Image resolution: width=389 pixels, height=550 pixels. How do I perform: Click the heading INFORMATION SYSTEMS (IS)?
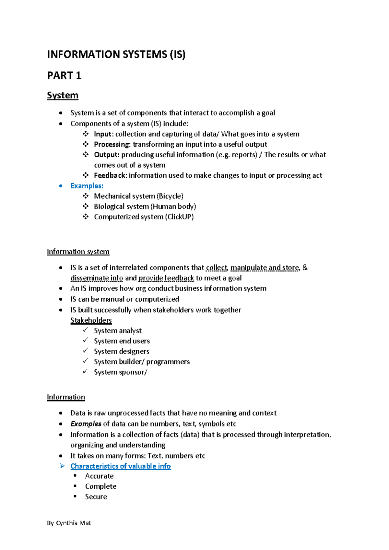tap(116, 54)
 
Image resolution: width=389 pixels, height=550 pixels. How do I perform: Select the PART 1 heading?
tap(64, 76)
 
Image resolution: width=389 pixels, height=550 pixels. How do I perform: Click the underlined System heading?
tap(63, 95)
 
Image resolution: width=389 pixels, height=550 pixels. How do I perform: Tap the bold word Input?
tap(102, 134)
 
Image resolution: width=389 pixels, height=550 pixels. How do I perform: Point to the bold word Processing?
tap(112, 144)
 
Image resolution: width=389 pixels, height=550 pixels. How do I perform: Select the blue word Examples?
tap(87, 186)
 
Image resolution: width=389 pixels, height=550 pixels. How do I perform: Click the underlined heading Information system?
tap(78, 252)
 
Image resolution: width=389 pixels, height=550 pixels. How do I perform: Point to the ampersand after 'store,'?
tap(305, 268)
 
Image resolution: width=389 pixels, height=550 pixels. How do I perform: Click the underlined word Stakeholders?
tap(91, 320)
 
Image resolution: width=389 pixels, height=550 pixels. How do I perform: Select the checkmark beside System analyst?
tap(85, 330)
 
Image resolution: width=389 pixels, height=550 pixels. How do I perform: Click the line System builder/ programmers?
tap(142, 362)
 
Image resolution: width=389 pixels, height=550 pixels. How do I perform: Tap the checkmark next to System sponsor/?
tap(85, 372)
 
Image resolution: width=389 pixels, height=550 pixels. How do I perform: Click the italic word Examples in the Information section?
tap(86, 424)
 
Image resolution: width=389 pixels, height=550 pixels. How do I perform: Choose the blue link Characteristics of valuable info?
tap(121, 466)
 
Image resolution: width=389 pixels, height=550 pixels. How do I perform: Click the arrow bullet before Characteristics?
tap(62, 466)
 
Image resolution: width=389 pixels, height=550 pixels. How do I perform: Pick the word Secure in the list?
tap(96, 497)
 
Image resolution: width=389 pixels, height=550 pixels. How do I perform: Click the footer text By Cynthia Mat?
tap(69, 523)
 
